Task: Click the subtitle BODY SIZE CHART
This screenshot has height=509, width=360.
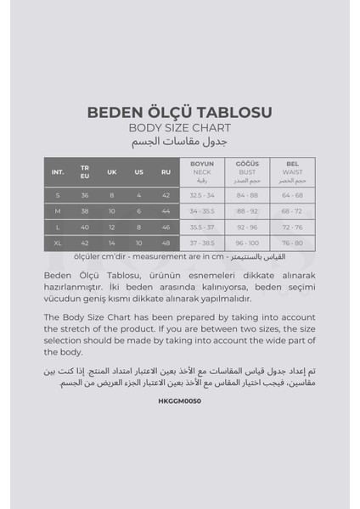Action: [179, 128]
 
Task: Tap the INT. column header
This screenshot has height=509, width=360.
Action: [58, 171]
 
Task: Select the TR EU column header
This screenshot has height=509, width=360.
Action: [85, 171]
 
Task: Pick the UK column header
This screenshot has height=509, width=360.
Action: [111, 171]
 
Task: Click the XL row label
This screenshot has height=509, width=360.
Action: [58, 242]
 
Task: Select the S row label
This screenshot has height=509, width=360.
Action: [58, 194]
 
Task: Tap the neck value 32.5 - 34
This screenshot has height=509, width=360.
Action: [202, 194]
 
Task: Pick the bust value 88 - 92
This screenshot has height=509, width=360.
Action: [248, 210]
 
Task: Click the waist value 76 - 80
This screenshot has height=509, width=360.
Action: [292, 242]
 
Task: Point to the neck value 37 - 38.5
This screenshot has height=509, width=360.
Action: [202, 242]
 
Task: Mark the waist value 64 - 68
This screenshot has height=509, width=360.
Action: [292, 194]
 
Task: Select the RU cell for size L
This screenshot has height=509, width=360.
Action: [166, 227]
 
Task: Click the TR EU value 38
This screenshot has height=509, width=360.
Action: [85, 210]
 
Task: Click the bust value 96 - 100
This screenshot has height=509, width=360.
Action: [248, 242]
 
